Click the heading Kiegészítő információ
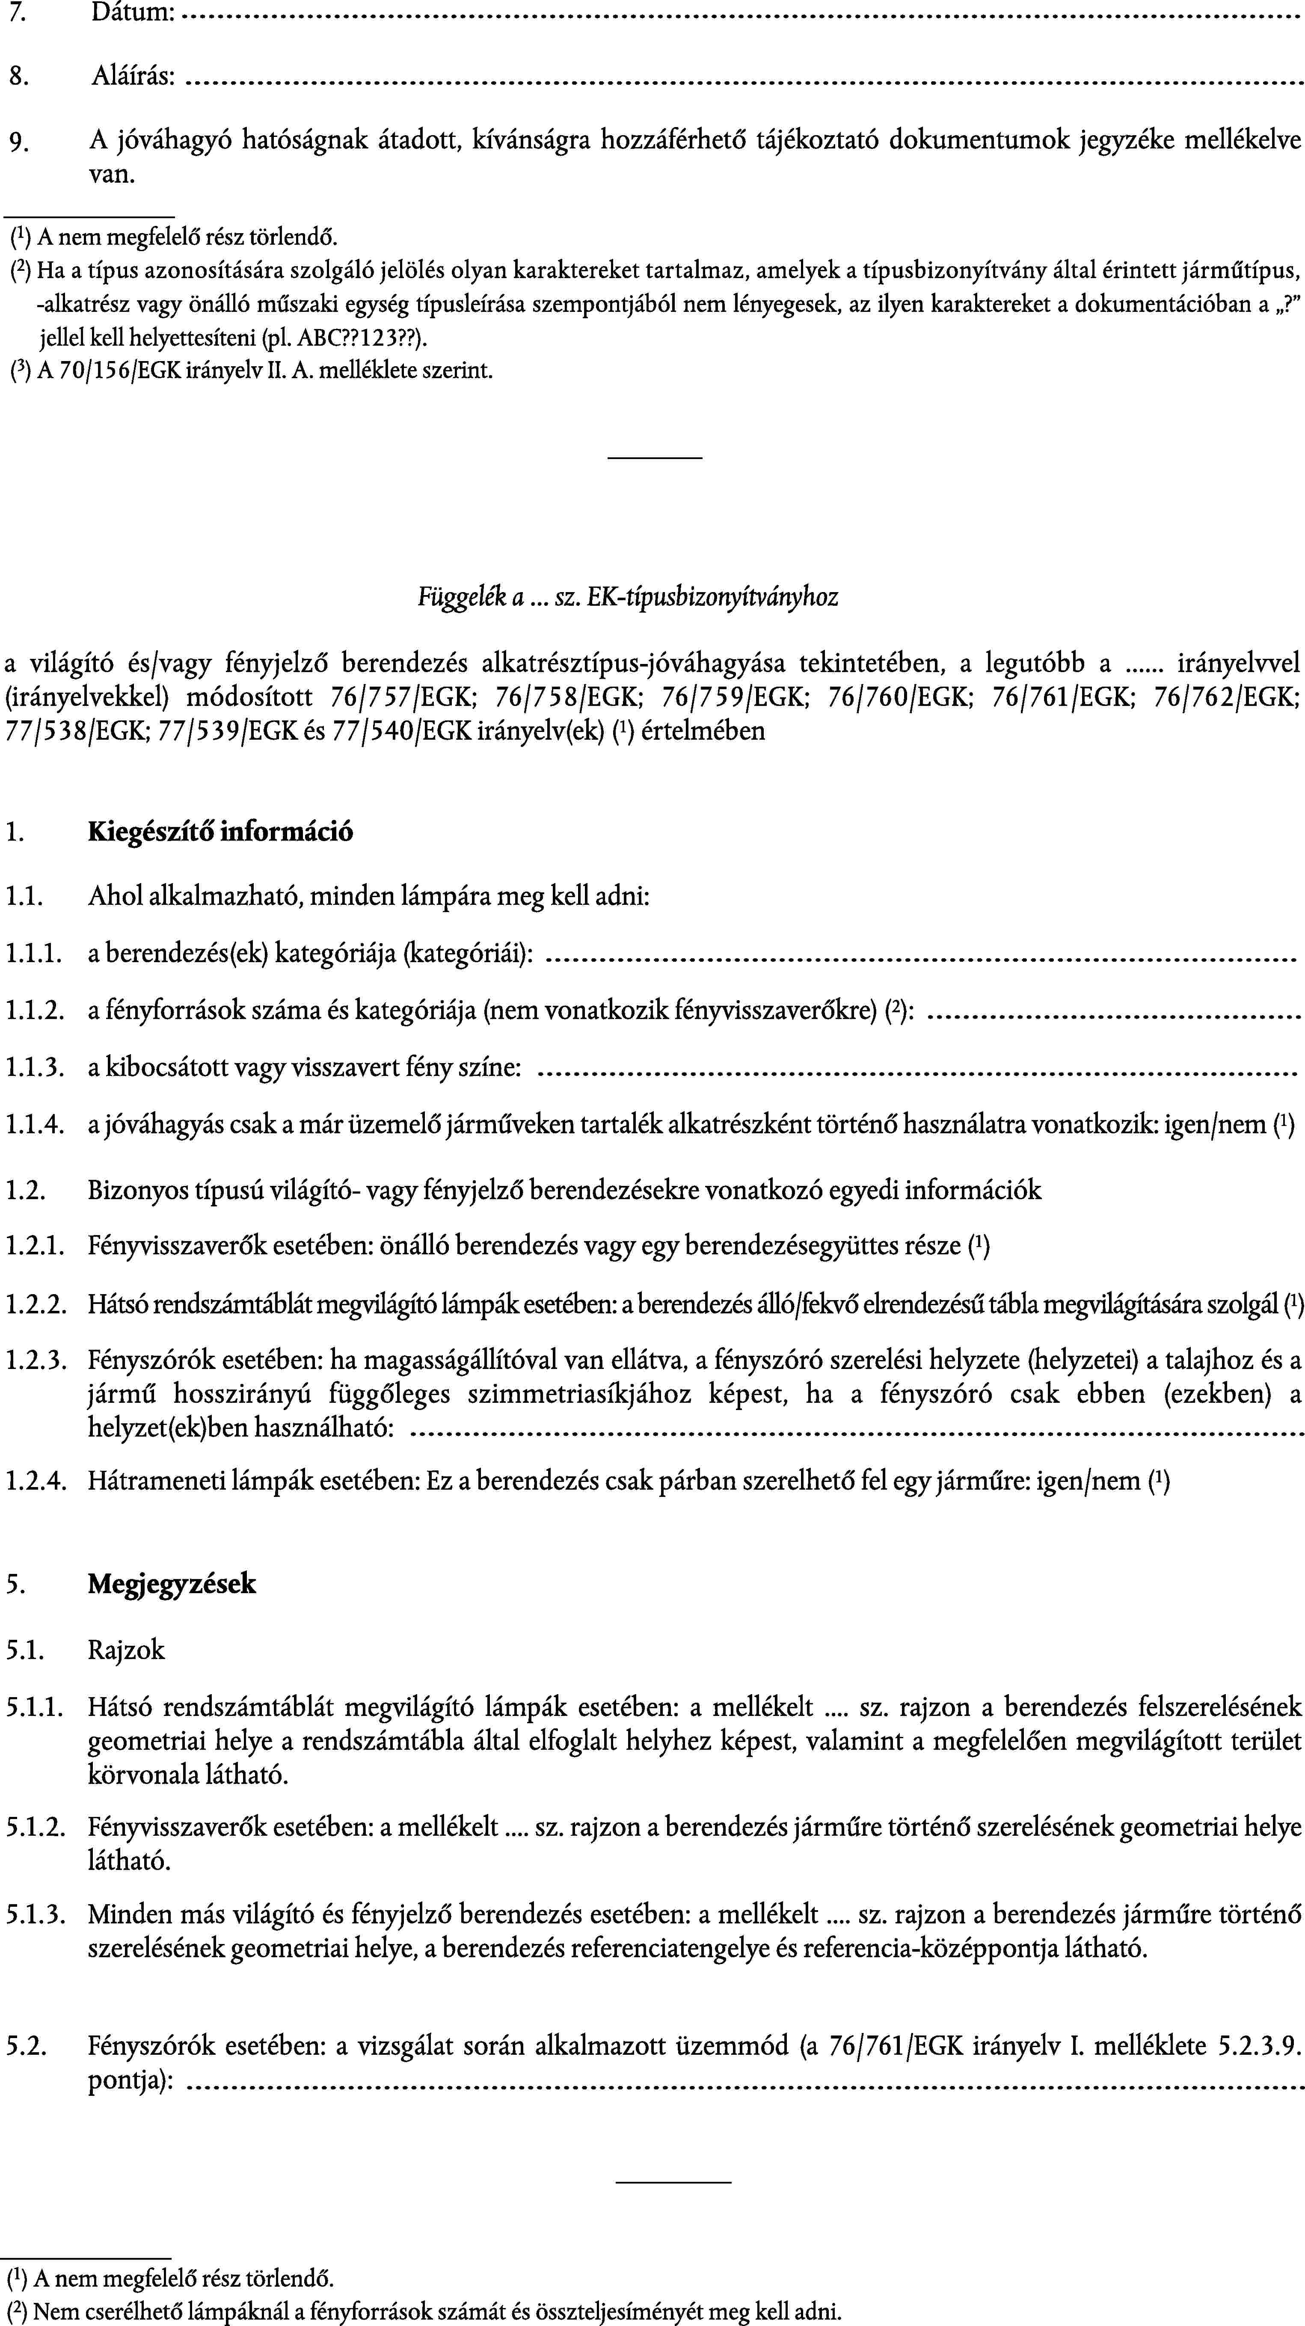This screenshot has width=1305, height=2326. coord(220,831)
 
